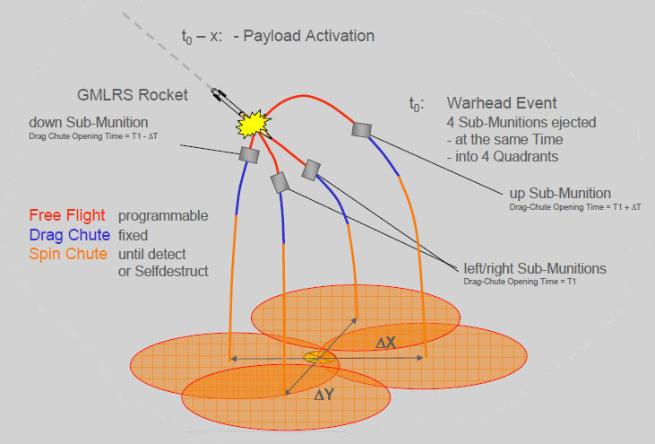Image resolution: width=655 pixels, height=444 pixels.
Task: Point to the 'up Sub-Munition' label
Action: point(557,193)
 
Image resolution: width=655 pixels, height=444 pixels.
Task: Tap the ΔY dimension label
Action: point(324,395)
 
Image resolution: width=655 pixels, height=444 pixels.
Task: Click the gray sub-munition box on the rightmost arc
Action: point(362,129)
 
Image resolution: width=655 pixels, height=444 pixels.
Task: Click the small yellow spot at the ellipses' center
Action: point(314,357)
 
